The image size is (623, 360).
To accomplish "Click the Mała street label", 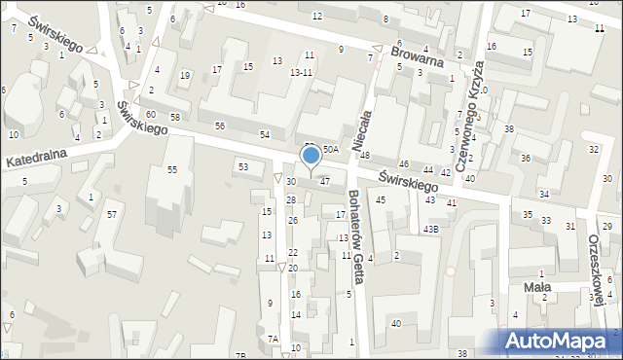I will coord(537,287).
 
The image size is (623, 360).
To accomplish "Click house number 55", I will coord(172,170).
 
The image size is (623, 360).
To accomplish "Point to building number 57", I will coord(112,214).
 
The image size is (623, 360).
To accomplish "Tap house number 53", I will coord(243,167).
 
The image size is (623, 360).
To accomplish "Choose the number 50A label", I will coord(331,149).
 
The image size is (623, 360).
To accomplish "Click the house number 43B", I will coord(430,229).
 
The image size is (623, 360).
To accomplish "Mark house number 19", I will coord(185,75).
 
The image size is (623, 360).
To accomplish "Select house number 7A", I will coord(273,339).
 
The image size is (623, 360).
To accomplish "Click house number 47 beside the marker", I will coord(325,181).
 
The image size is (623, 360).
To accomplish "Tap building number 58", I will coord(175,117).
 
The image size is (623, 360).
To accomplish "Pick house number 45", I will coord(381,199).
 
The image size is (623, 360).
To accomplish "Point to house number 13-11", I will coord(301,72).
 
